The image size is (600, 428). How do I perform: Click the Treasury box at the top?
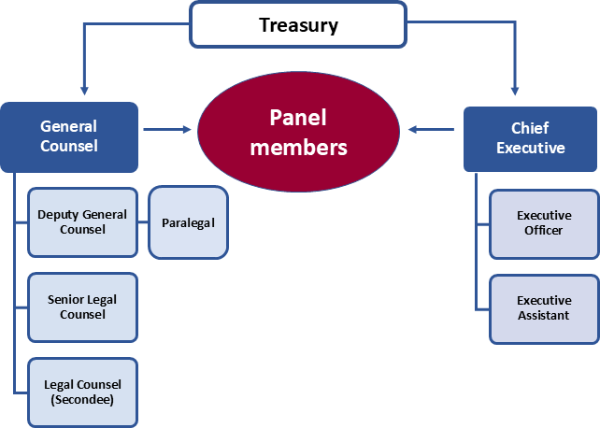(x=298, y=24)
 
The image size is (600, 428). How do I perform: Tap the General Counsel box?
(x=69, y=136)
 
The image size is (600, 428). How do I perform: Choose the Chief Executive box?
(x=530, y=137)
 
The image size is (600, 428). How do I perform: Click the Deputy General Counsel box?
(x=82, y=222)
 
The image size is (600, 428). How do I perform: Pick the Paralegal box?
(x=188, y=222)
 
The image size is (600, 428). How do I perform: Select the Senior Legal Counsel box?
(x=82, y=307)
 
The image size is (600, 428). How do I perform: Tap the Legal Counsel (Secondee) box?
(x=82, y=392)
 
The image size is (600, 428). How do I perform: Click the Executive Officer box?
(x=544, y=223)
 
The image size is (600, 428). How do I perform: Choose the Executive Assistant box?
(x=544, y=308)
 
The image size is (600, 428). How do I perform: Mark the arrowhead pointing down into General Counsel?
(x=85, y=91)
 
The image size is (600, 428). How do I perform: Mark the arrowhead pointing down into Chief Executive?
(x=515, y=91)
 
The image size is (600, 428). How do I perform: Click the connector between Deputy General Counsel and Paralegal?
(x=142, y=222)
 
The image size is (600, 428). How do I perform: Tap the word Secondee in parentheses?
(x=82, y=399)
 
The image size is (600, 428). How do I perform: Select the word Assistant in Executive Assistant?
(x=544, y=316)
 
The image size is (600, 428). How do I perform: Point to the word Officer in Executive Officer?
(x=544, y=231)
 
